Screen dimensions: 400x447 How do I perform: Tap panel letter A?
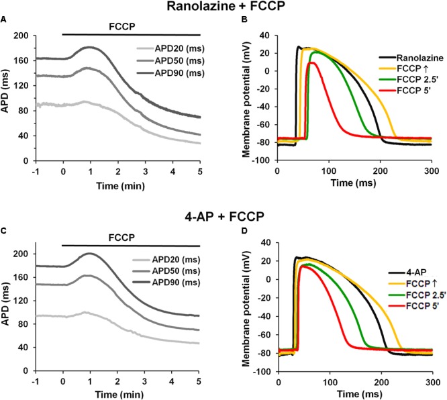5,19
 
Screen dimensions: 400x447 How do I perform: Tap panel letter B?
238,19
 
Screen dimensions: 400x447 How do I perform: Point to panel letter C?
5,232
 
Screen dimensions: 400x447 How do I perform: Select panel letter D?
238,232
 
